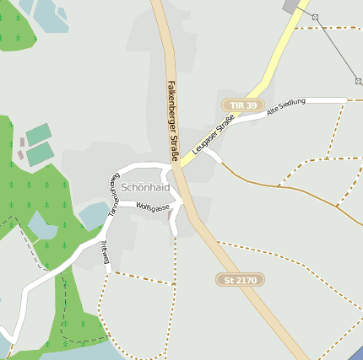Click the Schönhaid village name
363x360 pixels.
tap(145, 186)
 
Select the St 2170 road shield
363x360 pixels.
tap(240, 279)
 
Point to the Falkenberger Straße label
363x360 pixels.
tap(172, 121)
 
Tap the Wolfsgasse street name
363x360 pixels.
tap(153, 207)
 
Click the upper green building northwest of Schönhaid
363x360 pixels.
tap(38, 134)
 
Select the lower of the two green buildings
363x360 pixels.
tap(40, 153)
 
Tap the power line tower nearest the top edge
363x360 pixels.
tap(315, 17)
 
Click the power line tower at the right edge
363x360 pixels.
tap(358, 82)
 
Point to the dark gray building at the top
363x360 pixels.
tap(293, 6)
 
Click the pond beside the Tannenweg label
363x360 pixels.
tap(93, 215)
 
